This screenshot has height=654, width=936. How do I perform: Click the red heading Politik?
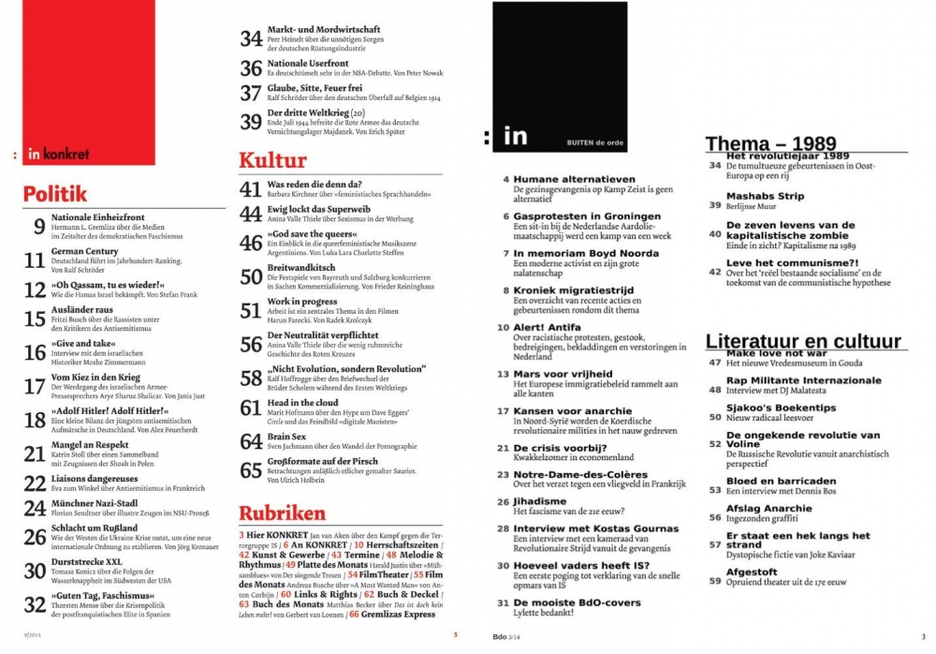click(x=55, y=193)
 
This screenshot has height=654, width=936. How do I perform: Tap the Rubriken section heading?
click(x=282, y=513)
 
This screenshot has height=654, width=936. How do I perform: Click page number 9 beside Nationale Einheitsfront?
click(x=38, y=225)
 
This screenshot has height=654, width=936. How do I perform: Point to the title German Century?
click(x=85, y=252)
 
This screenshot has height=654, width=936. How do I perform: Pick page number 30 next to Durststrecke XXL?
click(x=35, y=571)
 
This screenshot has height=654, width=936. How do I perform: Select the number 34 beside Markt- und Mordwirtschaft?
click(x=250, y=37)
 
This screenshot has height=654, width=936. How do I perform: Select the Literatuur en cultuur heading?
click(x=803, y=341)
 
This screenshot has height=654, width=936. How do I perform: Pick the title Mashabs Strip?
click(x=765, y=196)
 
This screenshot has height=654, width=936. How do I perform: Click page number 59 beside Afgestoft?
click(x=714, y=581)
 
